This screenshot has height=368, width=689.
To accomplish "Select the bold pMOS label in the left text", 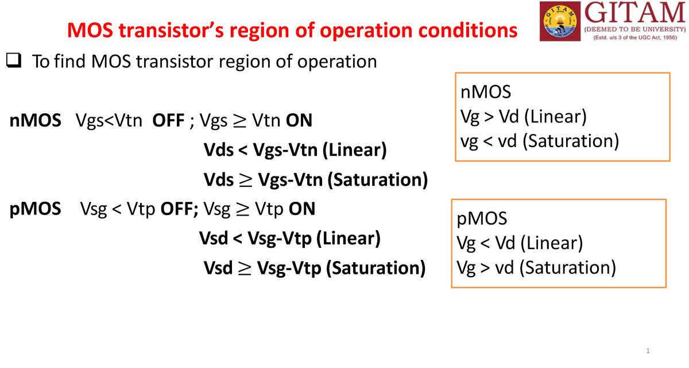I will pyautogui.click(x=36, y=208).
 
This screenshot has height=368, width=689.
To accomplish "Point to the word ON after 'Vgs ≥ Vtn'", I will pyautogui.click(x=299, y=121).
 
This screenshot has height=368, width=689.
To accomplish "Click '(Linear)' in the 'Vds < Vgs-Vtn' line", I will pyautogui.click(x=354, y=151).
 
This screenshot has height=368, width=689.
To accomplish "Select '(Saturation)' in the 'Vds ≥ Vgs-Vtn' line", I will pyautogui.click(x=378, y=180).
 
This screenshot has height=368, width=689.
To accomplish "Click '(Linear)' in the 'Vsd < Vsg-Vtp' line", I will pyautogui.click(x=348, y=238).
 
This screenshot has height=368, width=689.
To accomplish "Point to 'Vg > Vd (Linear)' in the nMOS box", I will pyautogui.click(x=524, y=117).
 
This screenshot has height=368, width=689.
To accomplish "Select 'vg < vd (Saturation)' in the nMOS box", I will pyautogui.click(x=540, y=140).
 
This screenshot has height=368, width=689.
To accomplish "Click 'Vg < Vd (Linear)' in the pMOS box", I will pyautogui.click(x=520, y=243).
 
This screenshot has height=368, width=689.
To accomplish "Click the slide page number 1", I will pyautogui.click(x=647, y=351).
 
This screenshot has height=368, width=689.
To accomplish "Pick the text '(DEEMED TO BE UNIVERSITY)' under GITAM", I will pyautogui.click(x=634, y=29).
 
